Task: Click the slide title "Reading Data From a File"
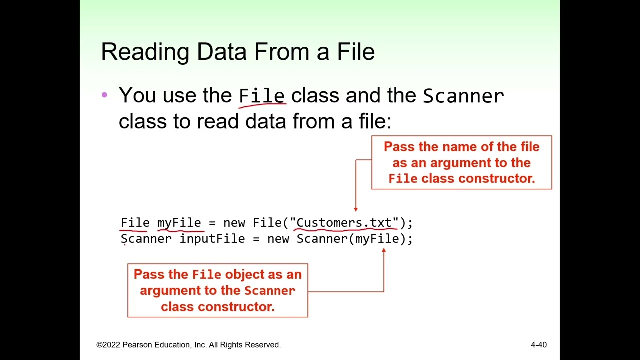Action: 238,52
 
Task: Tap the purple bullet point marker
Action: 104,94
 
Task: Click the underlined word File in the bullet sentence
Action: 262,95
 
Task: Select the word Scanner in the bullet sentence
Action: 463,96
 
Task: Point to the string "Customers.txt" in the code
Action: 345,223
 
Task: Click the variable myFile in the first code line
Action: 179,223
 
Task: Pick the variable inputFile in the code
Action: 212,239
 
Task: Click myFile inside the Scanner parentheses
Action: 377,239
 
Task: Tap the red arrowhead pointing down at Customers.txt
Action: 356,209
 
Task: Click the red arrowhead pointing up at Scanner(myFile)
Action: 384,250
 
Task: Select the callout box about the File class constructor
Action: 461,162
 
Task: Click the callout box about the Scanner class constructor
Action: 217,290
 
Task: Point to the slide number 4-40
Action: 539,345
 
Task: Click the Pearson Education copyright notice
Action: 188,345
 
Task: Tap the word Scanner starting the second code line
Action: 146,239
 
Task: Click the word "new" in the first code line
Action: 234,223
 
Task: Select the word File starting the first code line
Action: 135,223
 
